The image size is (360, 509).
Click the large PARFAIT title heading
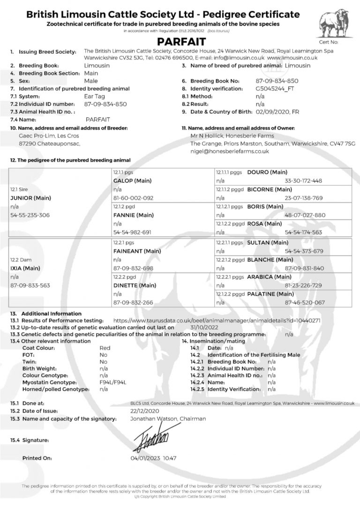tap(180, 41)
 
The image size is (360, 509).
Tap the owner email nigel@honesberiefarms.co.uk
tap(229, 151)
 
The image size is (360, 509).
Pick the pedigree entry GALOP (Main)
tap(133, 180)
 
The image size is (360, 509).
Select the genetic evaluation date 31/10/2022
tap(191, 327)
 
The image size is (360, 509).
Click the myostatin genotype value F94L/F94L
tap(113, 382)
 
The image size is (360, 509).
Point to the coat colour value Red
tap(105, 348)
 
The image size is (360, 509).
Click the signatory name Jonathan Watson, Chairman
tap(167, 418)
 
